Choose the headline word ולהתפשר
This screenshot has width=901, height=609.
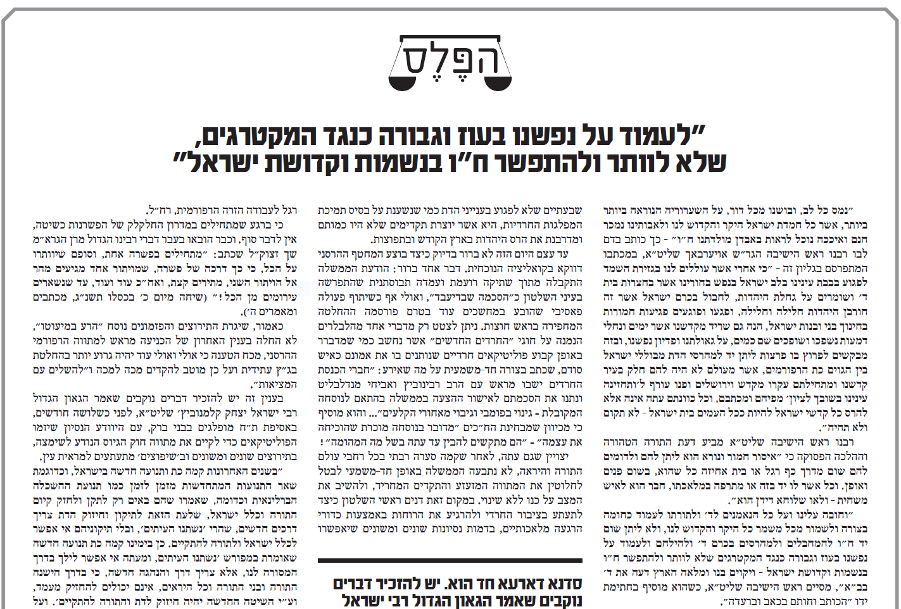coord(570,163)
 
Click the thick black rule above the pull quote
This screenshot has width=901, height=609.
coord(450,560)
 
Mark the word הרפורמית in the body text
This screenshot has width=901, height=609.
coord(196,210)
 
